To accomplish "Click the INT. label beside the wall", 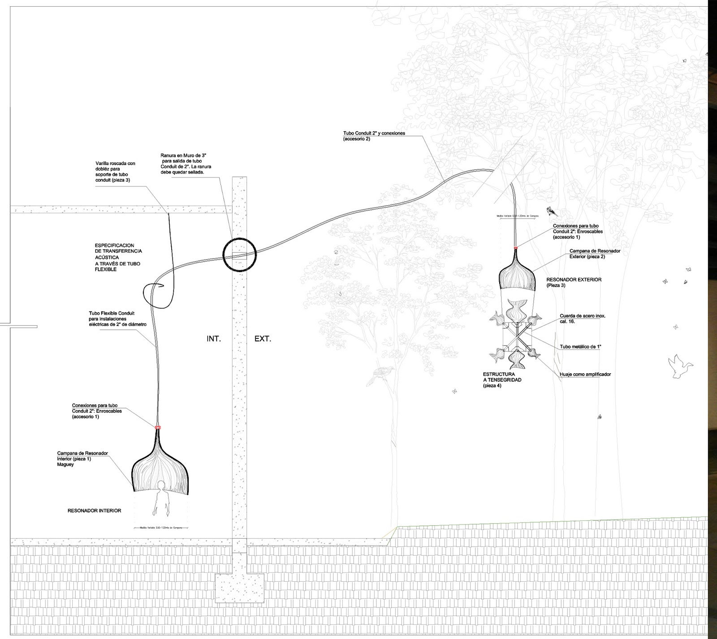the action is click(214, 339).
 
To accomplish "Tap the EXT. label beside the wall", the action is click(263, 339).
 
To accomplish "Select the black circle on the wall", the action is click(239, 254).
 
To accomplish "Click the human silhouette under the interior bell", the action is click(162, 497).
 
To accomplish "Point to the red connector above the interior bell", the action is click(157, 427).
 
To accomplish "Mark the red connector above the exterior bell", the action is click(516, 247).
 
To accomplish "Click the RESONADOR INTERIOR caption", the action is click(94, 510).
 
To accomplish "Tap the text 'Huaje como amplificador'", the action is click(585, 374).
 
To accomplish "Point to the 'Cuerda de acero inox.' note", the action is click(583, 318).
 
